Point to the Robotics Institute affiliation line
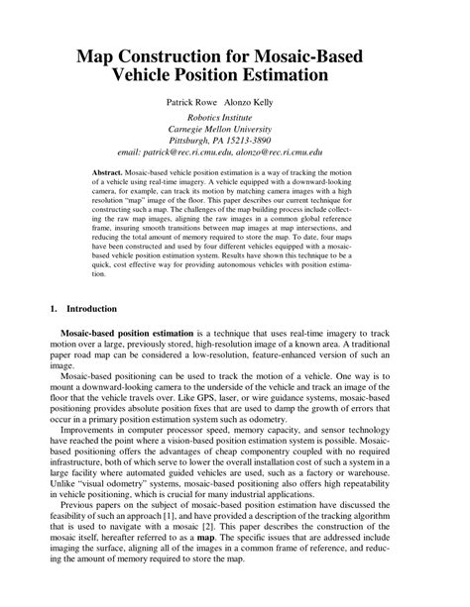(x=235, y=118)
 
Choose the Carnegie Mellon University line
(x=235, y=130)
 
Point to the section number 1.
(x=54, y=309)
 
